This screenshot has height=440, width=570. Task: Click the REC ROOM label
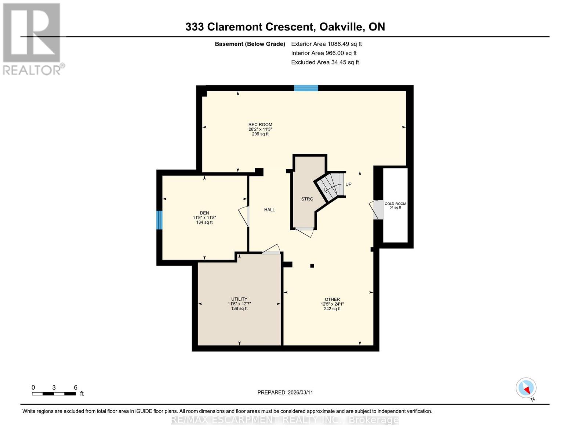coord(260,125)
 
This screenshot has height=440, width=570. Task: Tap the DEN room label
coord(204,213)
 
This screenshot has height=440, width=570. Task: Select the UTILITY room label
coord(239,299)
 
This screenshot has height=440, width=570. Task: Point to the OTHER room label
coord(332,300)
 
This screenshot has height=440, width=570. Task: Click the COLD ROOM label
coord(395,204)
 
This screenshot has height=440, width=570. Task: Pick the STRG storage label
coord(307,199)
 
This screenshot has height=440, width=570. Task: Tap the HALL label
coord(269,210)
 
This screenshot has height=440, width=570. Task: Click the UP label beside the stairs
coord(348,184)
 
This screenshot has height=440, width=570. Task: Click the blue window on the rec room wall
coord(306,88)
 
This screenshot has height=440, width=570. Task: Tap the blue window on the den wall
coord(159,220)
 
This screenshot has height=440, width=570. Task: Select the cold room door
coord(377,210)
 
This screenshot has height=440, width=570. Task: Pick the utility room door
coord(272,250)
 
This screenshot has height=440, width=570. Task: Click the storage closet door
coord(305,231)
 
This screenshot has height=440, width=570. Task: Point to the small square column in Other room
coord(312,266)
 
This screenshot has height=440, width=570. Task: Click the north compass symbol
coord(526,388)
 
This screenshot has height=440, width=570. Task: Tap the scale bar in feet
coord(54,393)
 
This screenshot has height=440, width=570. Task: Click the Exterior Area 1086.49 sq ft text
coord(326,44)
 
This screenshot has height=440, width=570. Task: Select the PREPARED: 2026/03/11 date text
coord(285,392)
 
